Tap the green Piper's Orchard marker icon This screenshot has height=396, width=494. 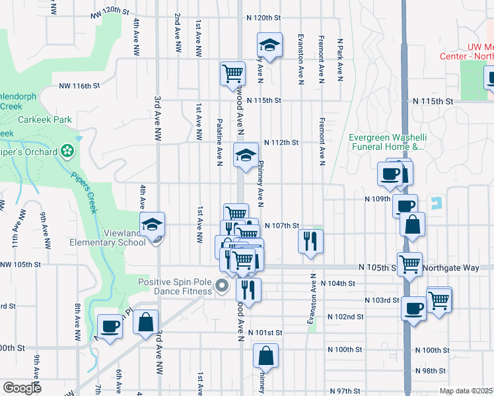point(67,151)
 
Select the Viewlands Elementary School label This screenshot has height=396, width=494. point(108,238)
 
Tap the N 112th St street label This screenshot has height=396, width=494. point(281,142)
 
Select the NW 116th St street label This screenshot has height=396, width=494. point(79,86)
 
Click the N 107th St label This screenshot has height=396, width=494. point(282,226)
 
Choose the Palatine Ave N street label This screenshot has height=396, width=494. point(219,143)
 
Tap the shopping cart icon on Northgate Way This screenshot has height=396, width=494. point(410,265)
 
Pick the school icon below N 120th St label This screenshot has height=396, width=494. point(269,46)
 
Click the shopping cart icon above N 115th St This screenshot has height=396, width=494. point(232,73)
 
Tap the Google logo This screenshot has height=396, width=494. point(22,389)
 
